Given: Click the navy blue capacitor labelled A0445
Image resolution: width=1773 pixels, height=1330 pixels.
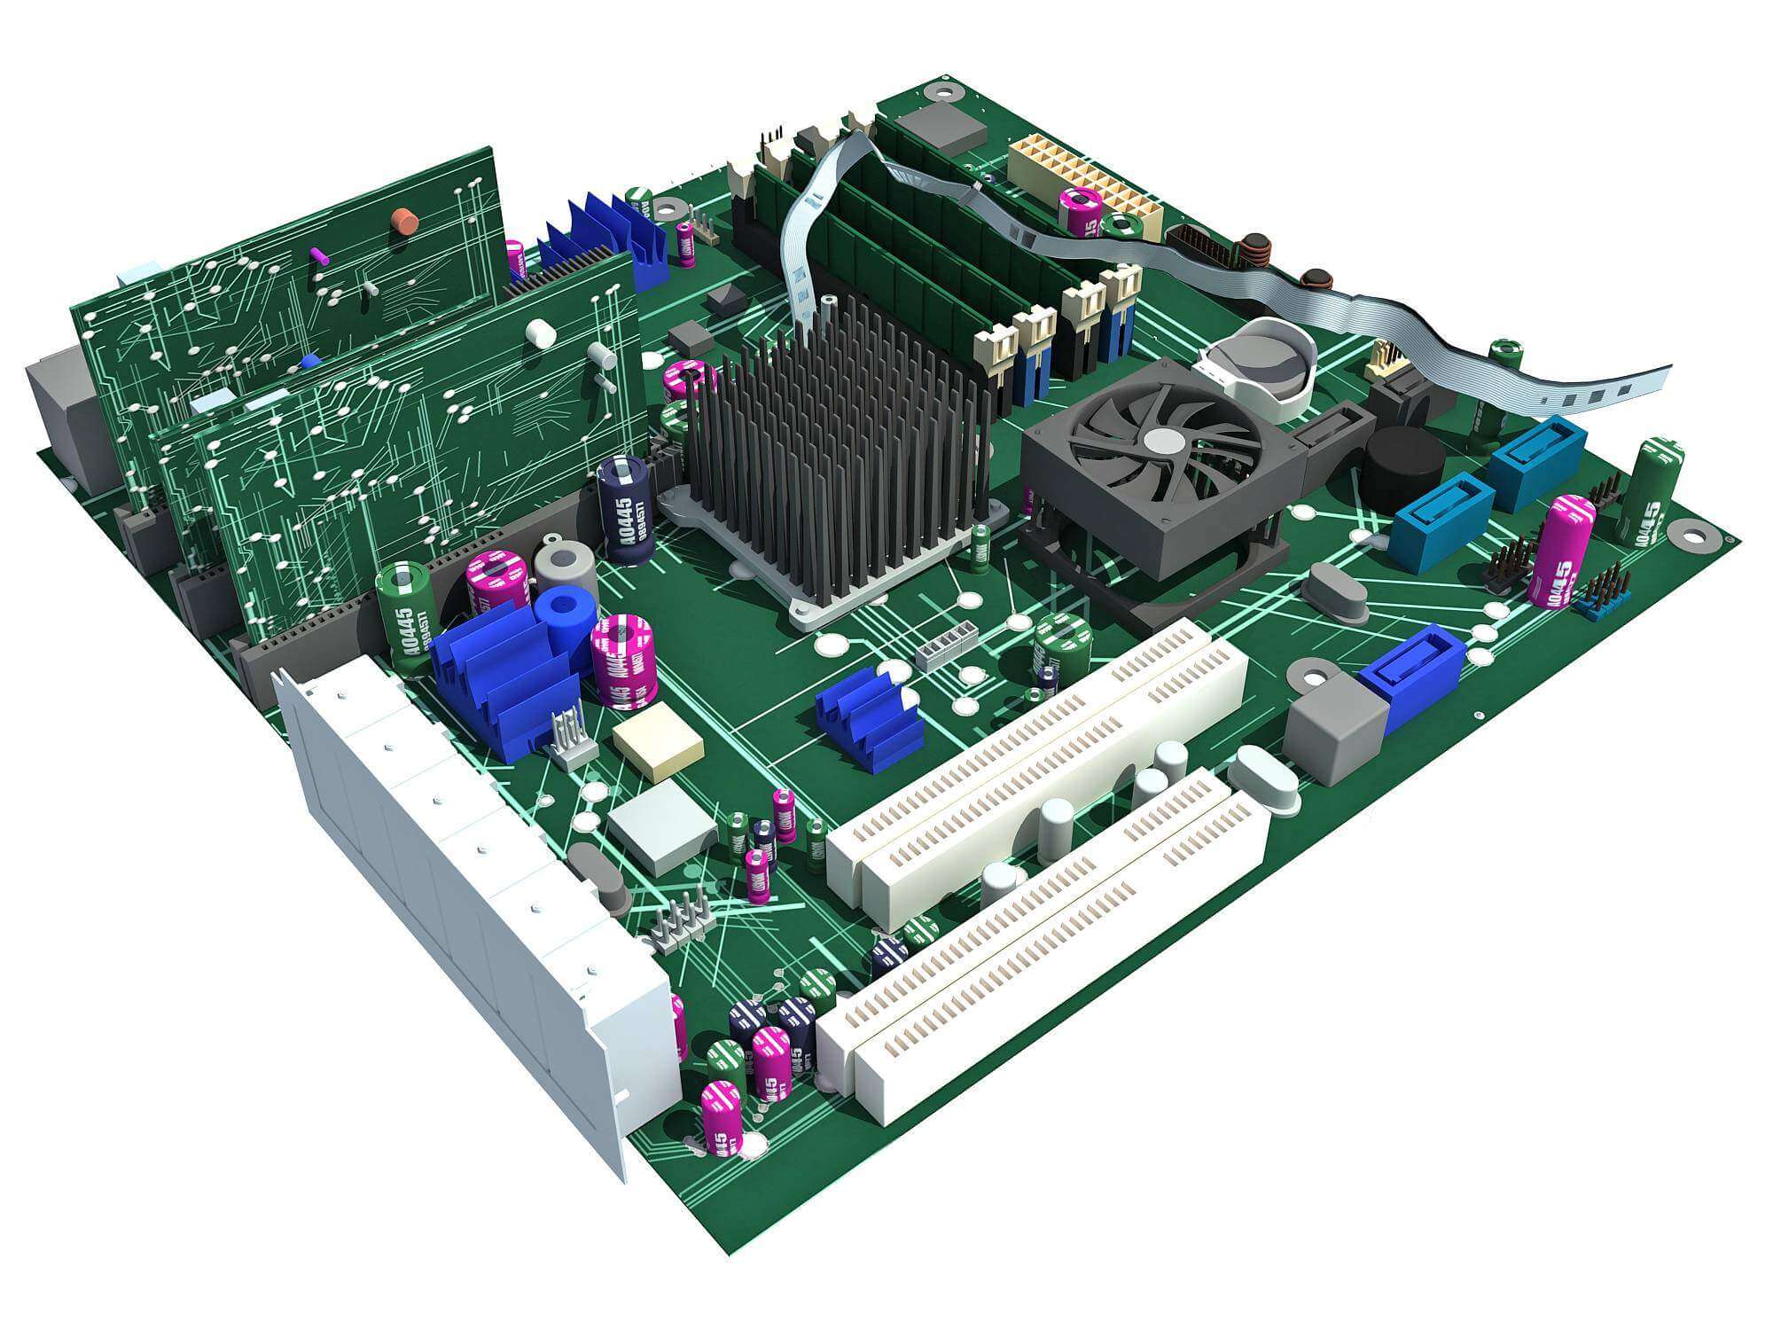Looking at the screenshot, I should click(x=627, y=510).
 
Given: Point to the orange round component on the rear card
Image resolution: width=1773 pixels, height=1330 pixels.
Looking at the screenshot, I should click(x=407, y=221).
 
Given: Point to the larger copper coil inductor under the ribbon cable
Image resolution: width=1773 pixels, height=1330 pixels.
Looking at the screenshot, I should click(x=1256, y=252).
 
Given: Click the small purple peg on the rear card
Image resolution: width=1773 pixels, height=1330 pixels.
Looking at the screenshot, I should click(x=318, y=255).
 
